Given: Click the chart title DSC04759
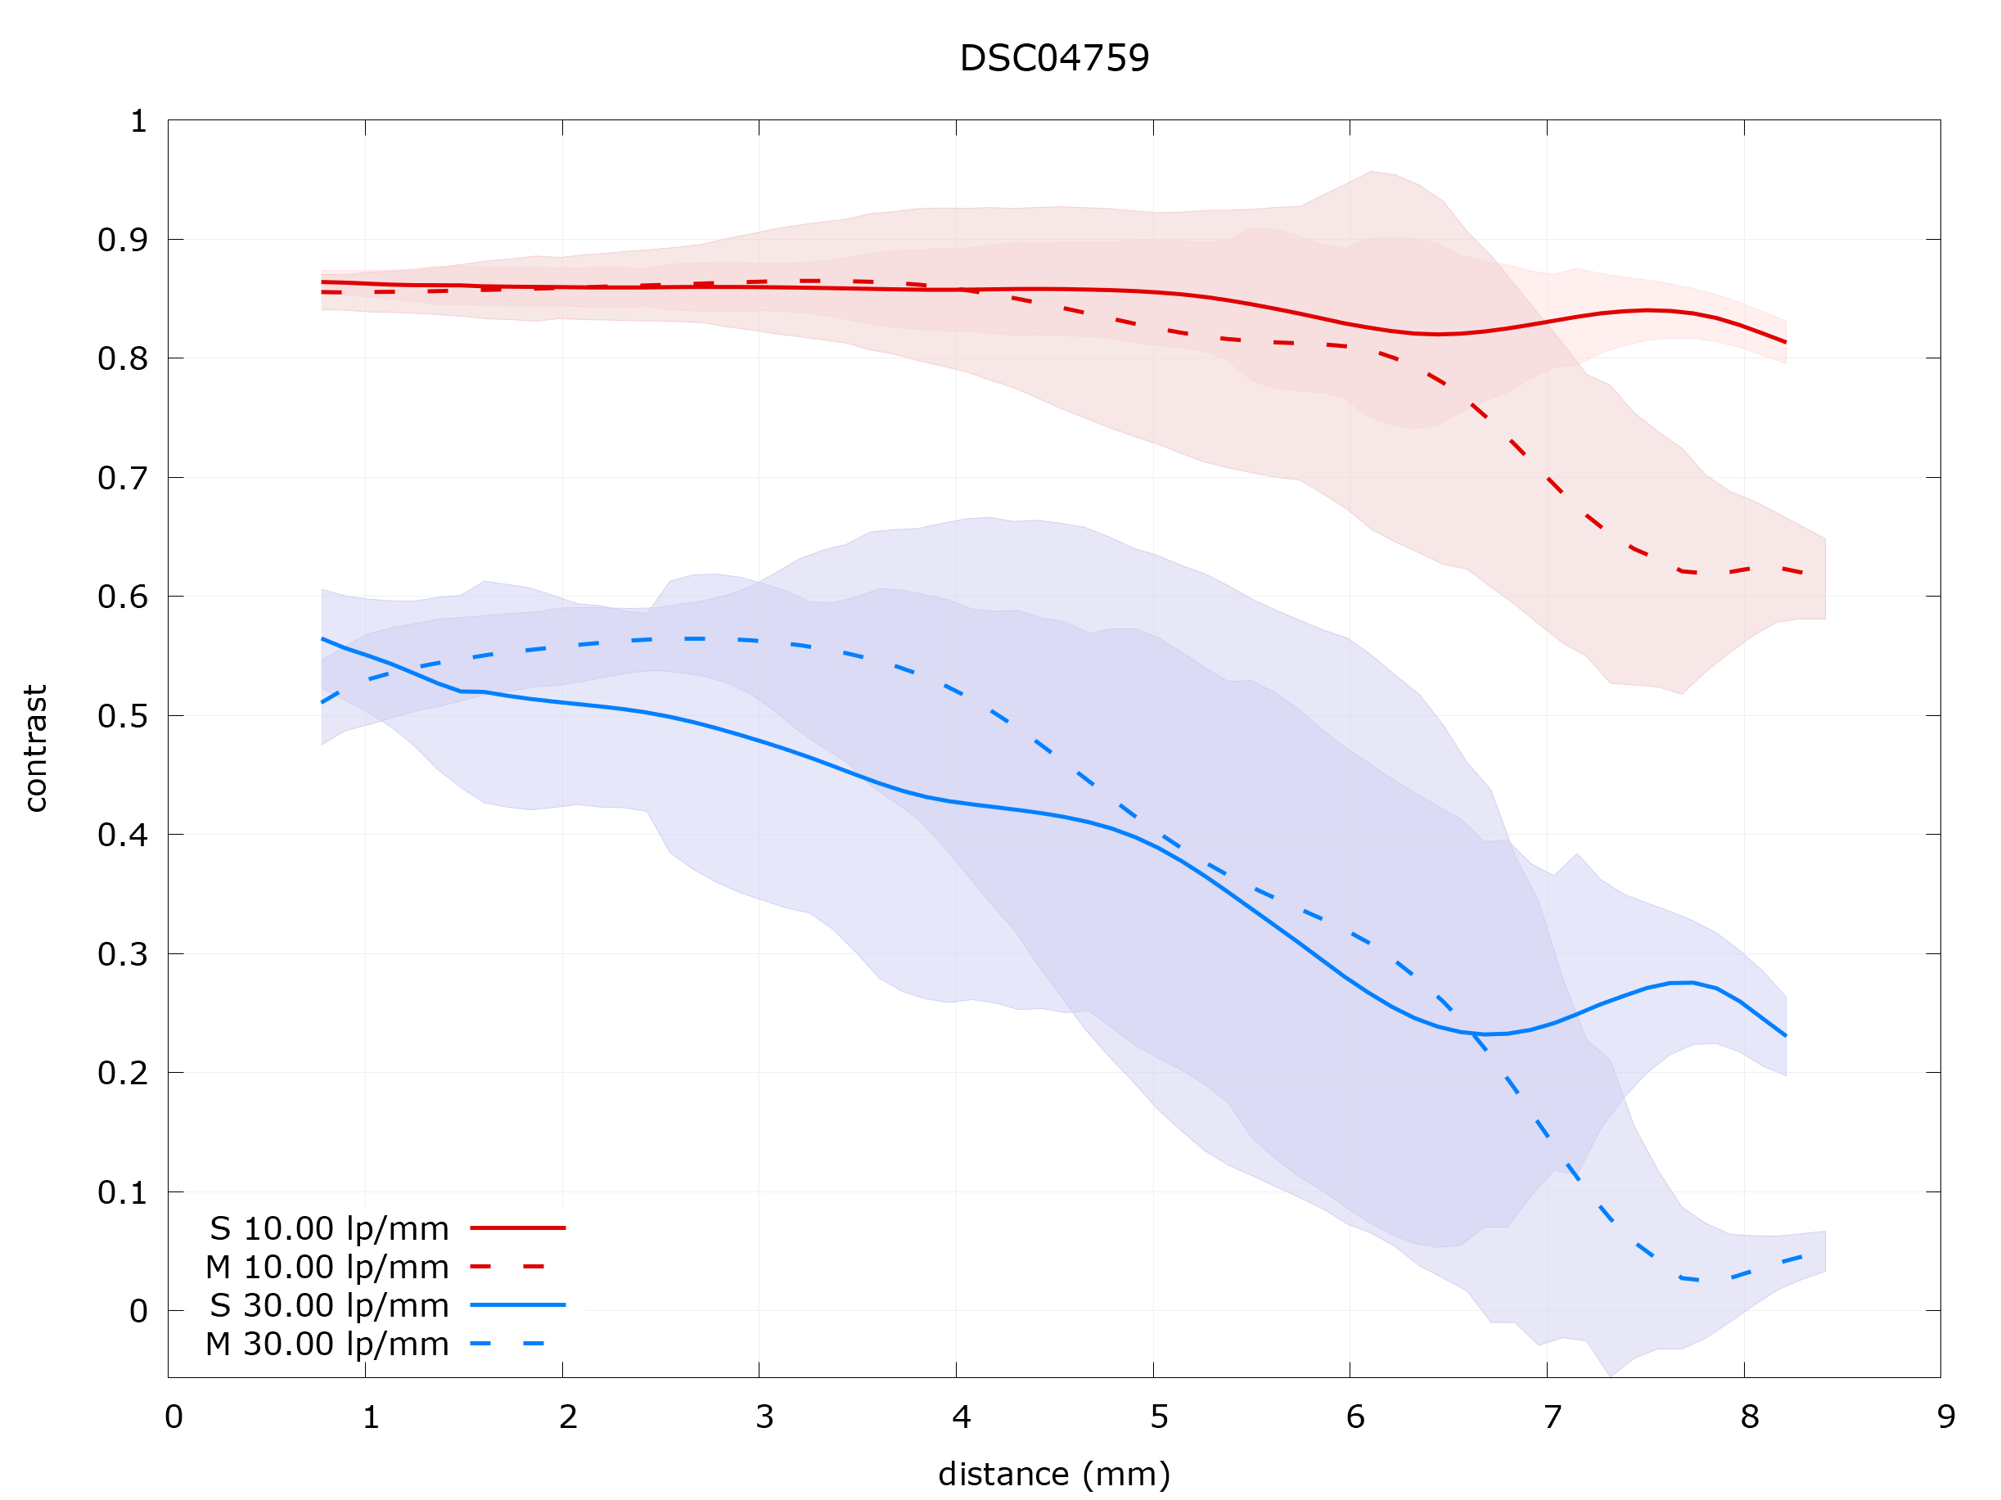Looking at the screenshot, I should [1054, 59].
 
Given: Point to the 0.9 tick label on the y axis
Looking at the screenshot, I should [123, 241].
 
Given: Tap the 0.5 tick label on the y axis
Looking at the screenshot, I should [123, 717].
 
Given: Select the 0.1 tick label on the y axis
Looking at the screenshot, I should [123, 1193].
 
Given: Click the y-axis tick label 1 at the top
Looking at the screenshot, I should [138, 121].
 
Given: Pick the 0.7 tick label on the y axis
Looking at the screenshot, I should [123, 479].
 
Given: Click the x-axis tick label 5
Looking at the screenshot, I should [1159, 1417].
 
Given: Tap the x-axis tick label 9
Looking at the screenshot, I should [1947, 1417].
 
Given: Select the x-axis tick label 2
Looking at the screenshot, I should [568, 1417].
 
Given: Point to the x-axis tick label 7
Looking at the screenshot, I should [1553, 1417].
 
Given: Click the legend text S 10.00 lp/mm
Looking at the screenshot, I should [329, 1228].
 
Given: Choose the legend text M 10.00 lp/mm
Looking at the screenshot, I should [327, 1268].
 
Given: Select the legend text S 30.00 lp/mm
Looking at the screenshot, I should [329, 1305].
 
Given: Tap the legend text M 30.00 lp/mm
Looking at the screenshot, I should [327, 1345].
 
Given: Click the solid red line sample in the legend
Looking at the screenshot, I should [517, 1227].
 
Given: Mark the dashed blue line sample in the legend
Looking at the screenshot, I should [507, 1344].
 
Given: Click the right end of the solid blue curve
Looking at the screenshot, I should [1786, 1036].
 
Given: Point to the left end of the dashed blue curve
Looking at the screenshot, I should [323, 702].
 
